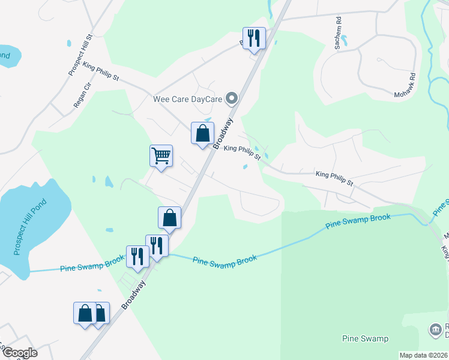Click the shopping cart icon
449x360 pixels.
[x=161, y=156]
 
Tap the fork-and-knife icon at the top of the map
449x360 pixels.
[x=253, y=38]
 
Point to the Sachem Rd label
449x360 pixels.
[x=339, y=30]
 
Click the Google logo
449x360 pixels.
[x=19, y=353]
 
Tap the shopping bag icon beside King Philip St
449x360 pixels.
[x=202, y=133]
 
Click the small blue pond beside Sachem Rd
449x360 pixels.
[x=351, y=41]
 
